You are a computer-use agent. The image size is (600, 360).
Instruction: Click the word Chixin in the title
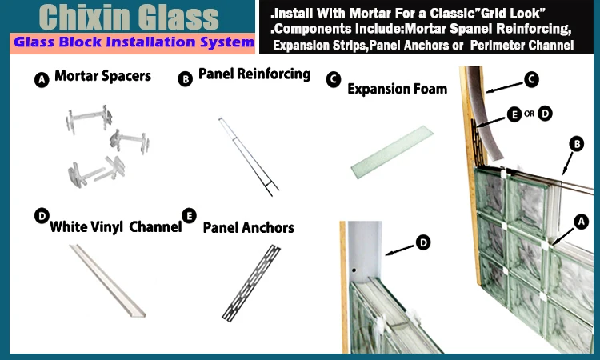pyautogui.click(x=84, y=18)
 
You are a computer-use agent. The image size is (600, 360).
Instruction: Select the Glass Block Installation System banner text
pyautogui.click(x=134, y=42)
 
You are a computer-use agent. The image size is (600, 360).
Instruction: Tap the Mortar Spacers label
pyautogui.click(x=102, y=76)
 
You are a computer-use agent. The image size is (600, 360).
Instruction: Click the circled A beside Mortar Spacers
pyautogui.click(x=42, y=80)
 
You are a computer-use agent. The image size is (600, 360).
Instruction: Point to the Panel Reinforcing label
pyautogui.click(x=254, y=74)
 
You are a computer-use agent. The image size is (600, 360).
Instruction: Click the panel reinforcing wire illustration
pyautogui.click(x=249, y=157)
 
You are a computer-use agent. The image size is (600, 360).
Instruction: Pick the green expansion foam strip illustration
pyautogui.click(x=392, y=152)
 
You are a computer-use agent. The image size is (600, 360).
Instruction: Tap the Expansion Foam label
pyautogui.click(x=397, y=89)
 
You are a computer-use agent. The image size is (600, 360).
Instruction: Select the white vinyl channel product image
pyautogui.click(x=107, y=281)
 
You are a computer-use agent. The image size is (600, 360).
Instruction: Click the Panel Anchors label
pyautogui.click(x=248, y=228)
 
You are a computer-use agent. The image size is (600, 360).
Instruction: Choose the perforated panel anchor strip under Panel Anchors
pyautogui.click(x=251, y=282)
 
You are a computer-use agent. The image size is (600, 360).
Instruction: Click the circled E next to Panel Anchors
pyautogui.click(x=189, y=216)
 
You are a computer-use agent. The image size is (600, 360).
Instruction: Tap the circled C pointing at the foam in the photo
pyautogui.click(x=531, y=79)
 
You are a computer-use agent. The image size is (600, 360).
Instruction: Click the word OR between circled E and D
pyautogui.click(x=530, y=114)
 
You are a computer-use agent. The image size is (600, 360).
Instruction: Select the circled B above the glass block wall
pyautogui.click(x=576, y=144)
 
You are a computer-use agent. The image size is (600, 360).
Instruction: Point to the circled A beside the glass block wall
pyautogui.click(x=582, y=222)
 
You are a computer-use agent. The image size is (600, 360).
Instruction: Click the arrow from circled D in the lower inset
pyautogui.click(x=399, y=250)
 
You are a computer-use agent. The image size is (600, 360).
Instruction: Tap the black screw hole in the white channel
pyautogui.click(x=354, y=270)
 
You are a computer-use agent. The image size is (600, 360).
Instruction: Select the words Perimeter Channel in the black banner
pyautogui.click(x=522, y=46)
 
